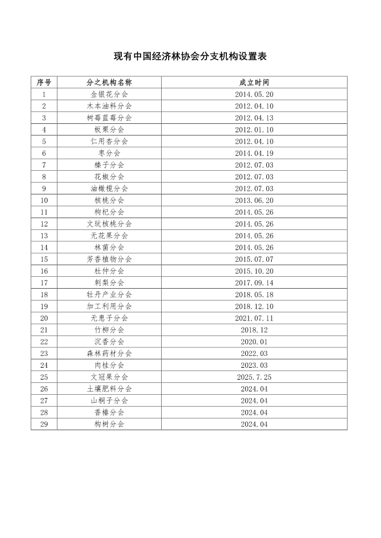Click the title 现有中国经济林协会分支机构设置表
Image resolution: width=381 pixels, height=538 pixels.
click(190, 57)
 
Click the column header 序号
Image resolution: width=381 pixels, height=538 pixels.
click(44, 82)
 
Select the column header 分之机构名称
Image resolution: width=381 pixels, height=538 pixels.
click(109, 82)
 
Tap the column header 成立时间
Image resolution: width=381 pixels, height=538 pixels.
click(254, 82)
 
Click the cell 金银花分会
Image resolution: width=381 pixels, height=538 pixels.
click(109, 94)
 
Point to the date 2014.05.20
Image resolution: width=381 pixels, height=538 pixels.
click(254, 94)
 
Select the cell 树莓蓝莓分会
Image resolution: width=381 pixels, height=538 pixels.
click(109, 118)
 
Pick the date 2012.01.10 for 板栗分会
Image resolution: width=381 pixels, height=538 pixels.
click(254, 130)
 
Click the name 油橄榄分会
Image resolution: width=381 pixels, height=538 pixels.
click(109, 188)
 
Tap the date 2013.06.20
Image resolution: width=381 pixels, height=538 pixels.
click(254, 200)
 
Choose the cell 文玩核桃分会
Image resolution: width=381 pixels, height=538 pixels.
click(109, 224)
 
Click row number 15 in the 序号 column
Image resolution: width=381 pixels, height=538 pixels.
click(44, 259)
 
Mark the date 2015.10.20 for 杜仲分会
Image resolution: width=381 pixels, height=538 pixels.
click(254, 271)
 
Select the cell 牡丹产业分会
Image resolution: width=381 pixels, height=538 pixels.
click(109, 295)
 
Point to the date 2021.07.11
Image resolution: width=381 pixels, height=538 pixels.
click(254, 318)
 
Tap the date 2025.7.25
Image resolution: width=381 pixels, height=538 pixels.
click(254, 377)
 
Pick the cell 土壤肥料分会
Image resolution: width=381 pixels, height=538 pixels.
click(109, 389)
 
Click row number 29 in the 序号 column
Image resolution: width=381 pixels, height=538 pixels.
click(44, 424)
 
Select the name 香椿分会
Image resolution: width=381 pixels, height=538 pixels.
click(109, 413)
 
